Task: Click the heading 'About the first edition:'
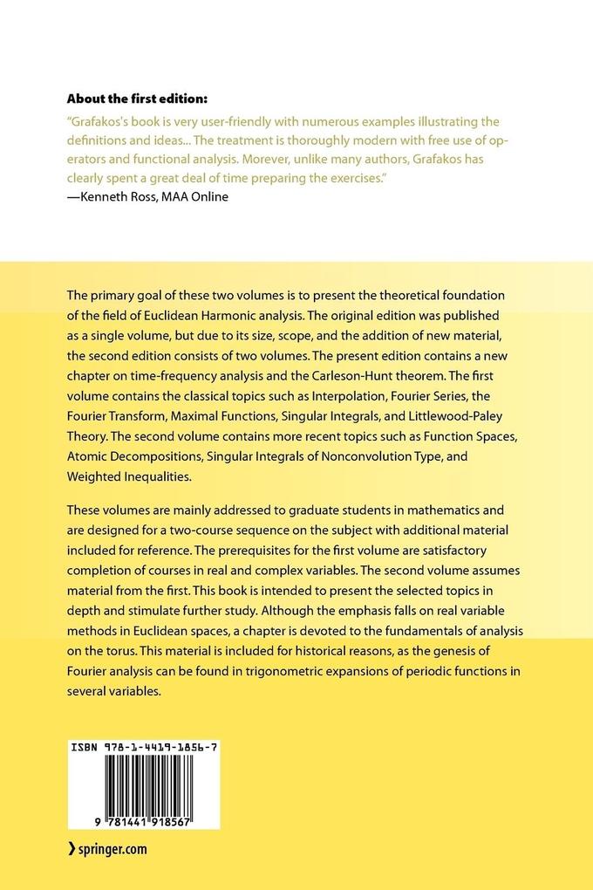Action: (x=138, y=99)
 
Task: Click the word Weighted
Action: (x=98, y=476)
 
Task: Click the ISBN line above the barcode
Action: (x=144, y=749)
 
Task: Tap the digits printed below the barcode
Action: (x=144, y=822)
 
